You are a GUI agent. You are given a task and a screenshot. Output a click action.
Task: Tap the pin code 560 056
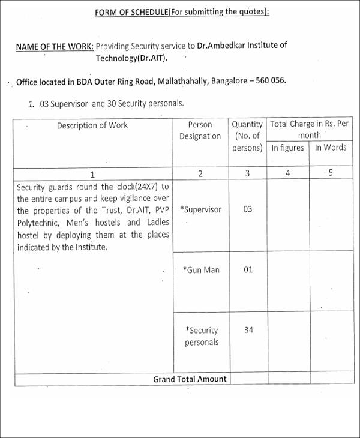point(269,80)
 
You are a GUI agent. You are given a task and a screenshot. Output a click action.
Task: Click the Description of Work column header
point(92,125)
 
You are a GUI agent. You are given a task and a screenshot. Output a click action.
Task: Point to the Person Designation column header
point(200,131)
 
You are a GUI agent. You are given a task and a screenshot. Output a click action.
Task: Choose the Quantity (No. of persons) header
point(247,136)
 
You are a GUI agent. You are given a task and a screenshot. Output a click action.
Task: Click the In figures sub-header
point(287,148)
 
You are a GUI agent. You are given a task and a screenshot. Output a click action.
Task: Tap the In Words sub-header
point(331,148)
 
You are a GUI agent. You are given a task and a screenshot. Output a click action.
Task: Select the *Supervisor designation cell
point(201,209)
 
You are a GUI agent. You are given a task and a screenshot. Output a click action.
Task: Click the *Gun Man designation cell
point(201,270)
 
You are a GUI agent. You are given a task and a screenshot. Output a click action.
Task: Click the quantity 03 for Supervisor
point(248,209)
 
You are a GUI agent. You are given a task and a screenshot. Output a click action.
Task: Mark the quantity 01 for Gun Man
point(248,269)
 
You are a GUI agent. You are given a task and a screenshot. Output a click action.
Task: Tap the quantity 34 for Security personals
point(248,329)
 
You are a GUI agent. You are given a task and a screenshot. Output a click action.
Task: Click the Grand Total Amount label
point(190,379)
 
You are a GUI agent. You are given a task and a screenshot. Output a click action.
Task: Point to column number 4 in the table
point(287,173)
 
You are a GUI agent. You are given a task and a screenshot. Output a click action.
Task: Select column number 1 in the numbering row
point(92,174)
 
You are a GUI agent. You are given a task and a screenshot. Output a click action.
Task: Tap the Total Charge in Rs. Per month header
point(309,130)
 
